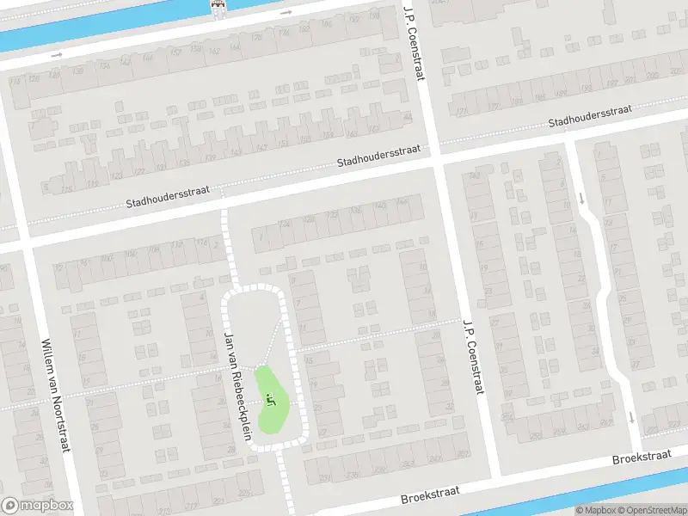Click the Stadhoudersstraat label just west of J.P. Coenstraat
378,156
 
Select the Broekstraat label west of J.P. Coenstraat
430,494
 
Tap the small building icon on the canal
219,8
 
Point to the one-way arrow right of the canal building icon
286,13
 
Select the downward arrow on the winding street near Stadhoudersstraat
582,198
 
